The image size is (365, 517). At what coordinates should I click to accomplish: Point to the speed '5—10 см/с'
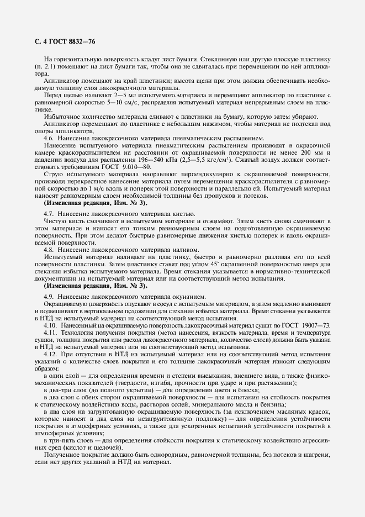click(x=130, y=102)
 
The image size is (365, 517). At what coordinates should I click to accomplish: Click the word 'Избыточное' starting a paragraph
click(x=62, y=117)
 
